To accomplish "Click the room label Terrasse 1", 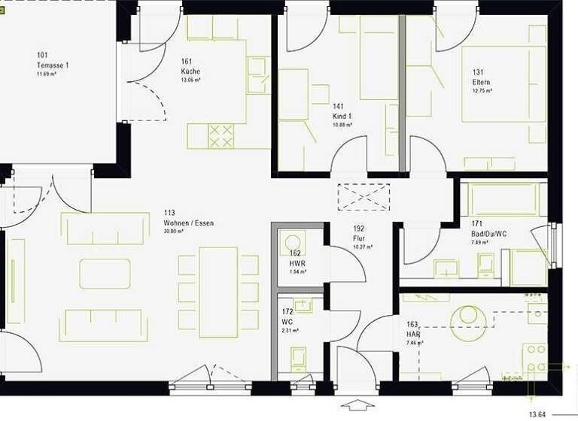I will click(x=52, y=65).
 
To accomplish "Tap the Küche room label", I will click(x=190, y=71).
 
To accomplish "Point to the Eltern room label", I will click(x=482, y=82).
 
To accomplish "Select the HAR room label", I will click(x=412, y=334).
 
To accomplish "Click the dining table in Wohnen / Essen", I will click(x=218, y=292).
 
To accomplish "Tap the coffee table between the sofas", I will click(x=105, y=274).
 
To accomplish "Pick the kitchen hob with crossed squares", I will click(x=221, y=136).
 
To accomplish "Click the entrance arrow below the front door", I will click(x=357, y=406).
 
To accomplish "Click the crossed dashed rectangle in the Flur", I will click(x=364, y=196).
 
